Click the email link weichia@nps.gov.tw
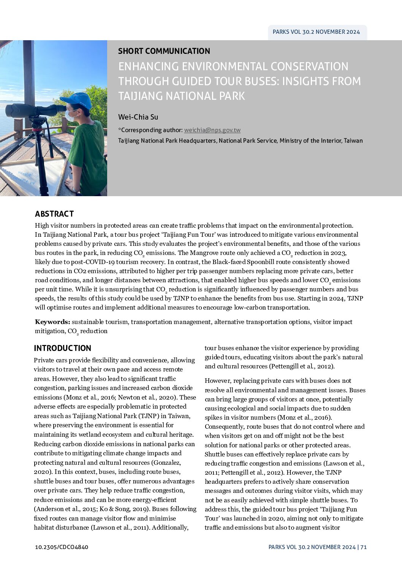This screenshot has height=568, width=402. (212, 130)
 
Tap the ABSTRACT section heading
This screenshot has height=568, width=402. (54, 214)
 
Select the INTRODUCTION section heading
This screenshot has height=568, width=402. (63, 348)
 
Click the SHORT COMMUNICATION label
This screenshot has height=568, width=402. (164, 51)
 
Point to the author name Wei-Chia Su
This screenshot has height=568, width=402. (138, 117)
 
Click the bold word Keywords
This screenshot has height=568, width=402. (52, 322)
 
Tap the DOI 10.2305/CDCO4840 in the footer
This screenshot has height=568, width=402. (62, 547)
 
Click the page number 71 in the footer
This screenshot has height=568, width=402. (364, 547)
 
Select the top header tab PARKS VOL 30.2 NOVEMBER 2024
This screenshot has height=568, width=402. (316, 32)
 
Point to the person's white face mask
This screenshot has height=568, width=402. (70, 115)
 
